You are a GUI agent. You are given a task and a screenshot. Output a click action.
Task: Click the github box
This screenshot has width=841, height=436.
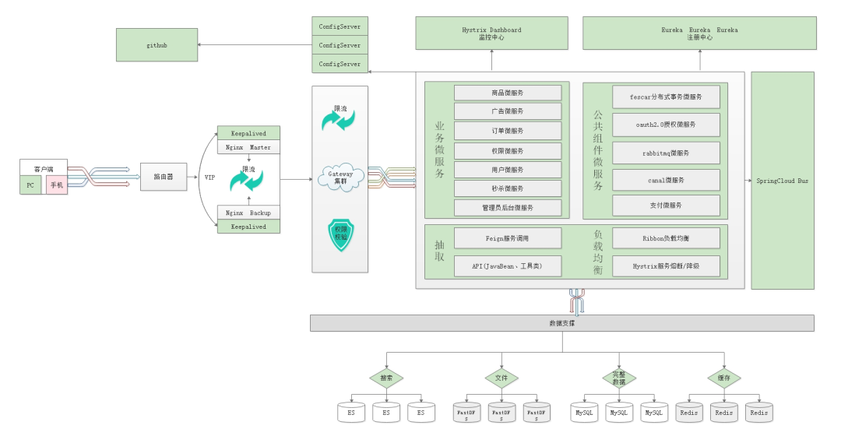point(157,45)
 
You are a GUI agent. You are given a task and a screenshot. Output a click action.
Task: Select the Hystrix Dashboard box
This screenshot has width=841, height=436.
point(491,33)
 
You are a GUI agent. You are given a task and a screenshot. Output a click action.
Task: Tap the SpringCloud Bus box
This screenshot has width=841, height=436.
point(782,181)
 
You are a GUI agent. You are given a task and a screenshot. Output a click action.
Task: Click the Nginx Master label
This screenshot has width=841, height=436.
point(248,147)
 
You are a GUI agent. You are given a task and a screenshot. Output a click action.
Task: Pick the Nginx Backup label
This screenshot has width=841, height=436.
point(248,213)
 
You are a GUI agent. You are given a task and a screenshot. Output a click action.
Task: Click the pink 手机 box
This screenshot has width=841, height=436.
point(57,185)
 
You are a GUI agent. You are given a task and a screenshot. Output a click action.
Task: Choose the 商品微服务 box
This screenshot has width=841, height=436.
point(508,93)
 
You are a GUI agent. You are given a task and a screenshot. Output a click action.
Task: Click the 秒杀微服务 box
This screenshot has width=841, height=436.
point(508,188)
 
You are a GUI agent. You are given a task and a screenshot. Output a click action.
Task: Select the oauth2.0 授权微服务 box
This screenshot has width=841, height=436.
point(666,125)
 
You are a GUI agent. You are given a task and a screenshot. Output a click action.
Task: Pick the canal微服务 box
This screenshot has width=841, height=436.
point(666,181)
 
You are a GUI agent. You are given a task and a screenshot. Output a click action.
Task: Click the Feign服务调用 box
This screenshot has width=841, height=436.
point(507,237)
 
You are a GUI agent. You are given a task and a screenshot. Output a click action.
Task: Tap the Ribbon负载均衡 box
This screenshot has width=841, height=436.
point(666,237)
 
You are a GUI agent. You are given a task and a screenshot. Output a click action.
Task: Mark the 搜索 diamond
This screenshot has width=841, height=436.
point(386,378)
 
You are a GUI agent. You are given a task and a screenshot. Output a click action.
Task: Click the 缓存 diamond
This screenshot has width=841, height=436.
point(723,378)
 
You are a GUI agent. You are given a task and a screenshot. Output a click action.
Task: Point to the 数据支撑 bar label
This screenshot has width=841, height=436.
point(561,323)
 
